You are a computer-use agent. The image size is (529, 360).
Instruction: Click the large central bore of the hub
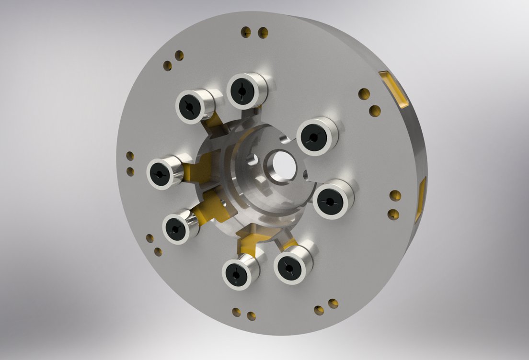pos(281,166)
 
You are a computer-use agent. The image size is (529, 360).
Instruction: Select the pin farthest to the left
pos(161,173)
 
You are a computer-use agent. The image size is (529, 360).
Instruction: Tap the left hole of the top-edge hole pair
pos(246,33)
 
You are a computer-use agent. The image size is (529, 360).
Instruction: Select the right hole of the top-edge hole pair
pos(263,33)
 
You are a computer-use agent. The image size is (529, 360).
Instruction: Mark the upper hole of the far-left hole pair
pos(130,156)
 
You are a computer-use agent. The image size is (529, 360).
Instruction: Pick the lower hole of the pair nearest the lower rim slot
pos(393,214)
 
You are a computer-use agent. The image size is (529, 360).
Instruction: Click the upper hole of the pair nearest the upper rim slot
pos(364,94)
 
